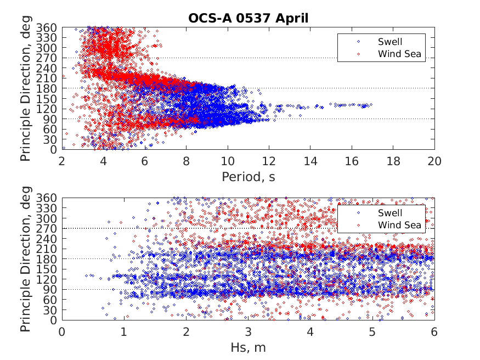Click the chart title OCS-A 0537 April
coord(248,18)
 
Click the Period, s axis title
coord(248,177)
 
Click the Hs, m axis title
coord(248,347)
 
